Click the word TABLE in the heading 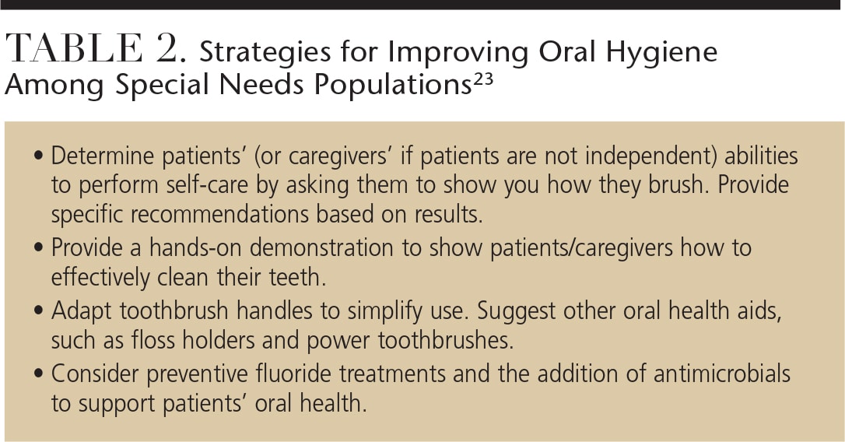(x=74, y=48)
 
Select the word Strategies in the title (x=265, y=52)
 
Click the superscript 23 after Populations (x=483, y=81)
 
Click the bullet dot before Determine (x=37, y=156)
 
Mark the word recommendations (x=220, y=214)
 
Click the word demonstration (x=321, y=248)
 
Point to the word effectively (x=101, y=278)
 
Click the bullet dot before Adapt (x=37, y=311)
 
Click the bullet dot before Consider (x=37, y=374)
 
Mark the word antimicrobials (x=721, y=374)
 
